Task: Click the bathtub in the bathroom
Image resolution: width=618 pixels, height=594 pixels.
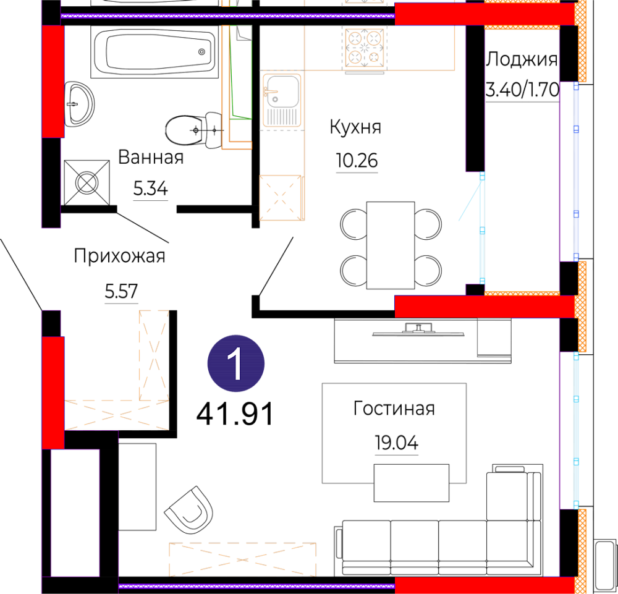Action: [154, 52]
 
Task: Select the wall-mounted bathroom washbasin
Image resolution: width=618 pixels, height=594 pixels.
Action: [79, 104]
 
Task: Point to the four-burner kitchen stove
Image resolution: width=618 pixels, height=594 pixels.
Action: [365, 48]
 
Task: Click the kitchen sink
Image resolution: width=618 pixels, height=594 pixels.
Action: [282, 100]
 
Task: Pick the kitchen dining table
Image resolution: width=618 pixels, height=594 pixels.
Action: [390, 245]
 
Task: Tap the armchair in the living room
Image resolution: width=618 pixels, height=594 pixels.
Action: [189, 510]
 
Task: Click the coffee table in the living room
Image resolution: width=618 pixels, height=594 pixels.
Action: [412, 483]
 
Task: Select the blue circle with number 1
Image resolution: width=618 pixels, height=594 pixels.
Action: [236, 363]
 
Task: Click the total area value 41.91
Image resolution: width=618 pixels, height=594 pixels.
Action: [234, 415]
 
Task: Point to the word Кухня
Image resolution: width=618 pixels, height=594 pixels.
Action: [355, 127]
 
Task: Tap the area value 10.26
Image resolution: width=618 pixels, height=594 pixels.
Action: [357, 161]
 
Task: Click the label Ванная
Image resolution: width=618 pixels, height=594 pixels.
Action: [151, 157]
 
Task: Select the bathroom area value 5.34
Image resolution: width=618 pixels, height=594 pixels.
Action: [151, 189]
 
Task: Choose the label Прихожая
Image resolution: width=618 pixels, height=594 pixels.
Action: [119, 256]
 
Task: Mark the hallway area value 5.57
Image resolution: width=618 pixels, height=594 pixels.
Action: [121, 292]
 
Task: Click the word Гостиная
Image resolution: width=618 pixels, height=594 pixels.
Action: [394, 409]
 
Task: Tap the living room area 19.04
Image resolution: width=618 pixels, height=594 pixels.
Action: [397, 443]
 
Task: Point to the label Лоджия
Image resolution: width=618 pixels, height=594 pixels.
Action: [522, 60]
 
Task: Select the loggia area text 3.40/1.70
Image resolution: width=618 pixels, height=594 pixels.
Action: [522, 90]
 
